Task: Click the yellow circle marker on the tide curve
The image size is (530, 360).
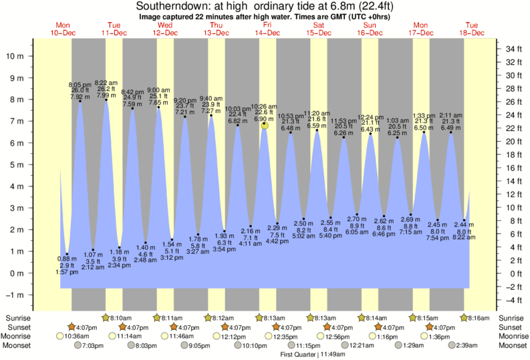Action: (265, 125)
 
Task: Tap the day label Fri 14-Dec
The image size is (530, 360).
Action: (267, 29)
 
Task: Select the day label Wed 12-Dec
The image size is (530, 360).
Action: (164, 29)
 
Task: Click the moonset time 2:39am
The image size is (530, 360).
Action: (477, 345)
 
